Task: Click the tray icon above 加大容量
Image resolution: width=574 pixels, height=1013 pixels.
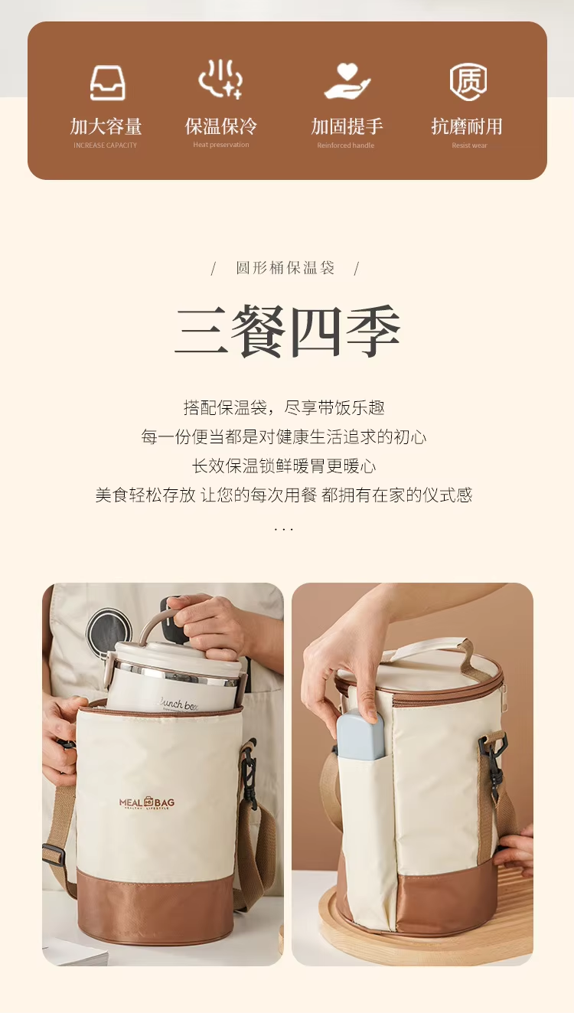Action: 107,83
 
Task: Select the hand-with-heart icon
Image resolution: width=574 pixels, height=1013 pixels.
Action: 346,81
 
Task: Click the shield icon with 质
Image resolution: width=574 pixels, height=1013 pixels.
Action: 468,81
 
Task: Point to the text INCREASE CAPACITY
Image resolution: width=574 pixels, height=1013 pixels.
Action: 106,145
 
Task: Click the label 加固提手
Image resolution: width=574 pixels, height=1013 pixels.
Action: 347,126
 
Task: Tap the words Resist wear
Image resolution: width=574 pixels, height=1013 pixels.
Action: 469,145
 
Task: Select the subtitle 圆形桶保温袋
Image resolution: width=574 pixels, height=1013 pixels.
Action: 285,268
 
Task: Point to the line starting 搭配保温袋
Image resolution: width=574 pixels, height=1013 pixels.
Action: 283,407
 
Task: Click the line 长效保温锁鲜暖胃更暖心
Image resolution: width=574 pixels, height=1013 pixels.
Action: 283,466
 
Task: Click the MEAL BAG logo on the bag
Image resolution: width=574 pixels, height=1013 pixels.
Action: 147,802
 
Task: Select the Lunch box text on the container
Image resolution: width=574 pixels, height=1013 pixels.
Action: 178,703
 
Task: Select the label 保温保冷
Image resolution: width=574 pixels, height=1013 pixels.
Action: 221,126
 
